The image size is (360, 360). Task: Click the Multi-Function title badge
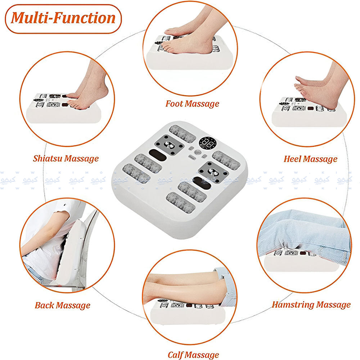[63, 18]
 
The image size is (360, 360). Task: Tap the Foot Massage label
[192, 104]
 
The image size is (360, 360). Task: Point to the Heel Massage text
[310, 158]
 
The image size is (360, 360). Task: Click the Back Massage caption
[62, 306]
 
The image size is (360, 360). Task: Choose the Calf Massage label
[193, 355]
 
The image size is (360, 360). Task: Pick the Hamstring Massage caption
[311, 305]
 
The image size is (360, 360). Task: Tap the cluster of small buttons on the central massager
[197, 154]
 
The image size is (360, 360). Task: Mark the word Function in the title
[86, 18]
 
